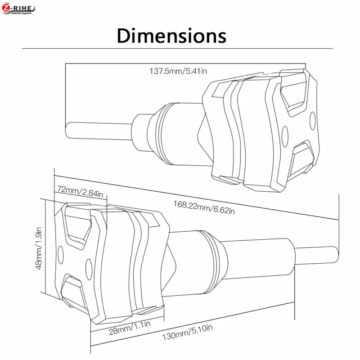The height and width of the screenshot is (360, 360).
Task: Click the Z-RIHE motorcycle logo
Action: pos(18,9)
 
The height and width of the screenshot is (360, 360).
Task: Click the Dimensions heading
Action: pos(171,36)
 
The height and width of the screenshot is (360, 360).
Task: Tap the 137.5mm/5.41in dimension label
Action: pos(178,71)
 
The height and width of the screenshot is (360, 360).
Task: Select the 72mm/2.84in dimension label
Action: pos(80,192)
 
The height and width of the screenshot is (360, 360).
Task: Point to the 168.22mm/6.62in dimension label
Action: pos(204,207)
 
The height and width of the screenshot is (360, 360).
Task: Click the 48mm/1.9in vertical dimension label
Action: pos(39,248)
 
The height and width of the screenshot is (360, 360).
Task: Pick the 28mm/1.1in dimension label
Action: pos(130,328)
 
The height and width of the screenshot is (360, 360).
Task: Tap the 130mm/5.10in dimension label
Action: pos(187,332)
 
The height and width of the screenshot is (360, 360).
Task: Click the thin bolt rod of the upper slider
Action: pos(99,130)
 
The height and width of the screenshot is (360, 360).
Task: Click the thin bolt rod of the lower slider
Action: pos(316,256)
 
